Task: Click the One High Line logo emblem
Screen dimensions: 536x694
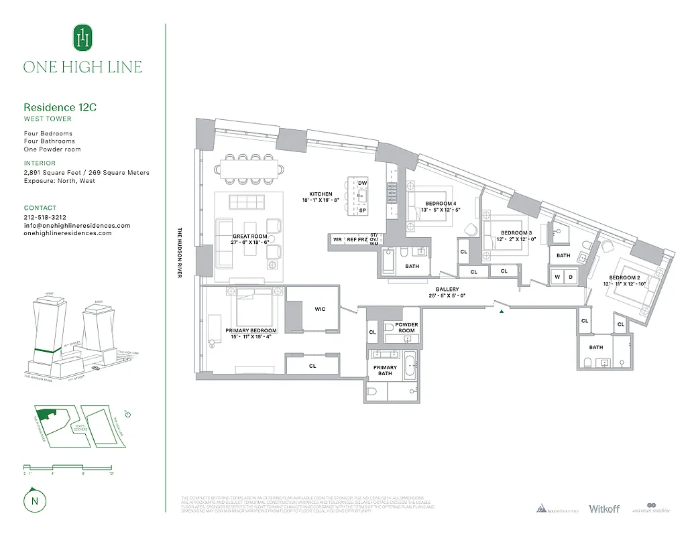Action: click(x=82, y=38)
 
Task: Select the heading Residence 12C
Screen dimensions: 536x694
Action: click(x=56, y=107)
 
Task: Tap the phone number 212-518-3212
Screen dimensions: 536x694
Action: click(x=45, y=218)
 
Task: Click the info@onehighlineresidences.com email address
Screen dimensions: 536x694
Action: click(x=77, y=226)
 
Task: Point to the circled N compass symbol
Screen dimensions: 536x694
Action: click(x=33, y=500)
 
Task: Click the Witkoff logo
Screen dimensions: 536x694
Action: click(x=603, y=509)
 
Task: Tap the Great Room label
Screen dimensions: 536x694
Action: click(x=250, y=237)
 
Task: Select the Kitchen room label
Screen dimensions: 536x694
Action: click(x=321, y=194)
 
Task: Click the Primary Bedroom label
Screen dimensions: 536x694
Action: click(x=251, y=331)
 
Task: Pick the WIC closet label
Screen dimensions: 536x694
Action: click(x=320, y=310)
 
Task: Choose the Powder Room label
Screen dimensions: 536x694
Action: click(x=406, y=328)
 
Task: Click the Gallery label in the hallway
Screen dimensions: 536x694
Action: click(x=447, y=289)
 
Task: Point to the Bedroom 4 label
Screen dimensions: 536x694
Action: click(x=441, y=204)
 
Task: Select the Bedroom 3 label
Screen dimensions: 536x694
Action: click(x=516, y=232)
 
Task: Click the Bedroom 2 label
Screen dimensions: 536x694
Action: click(x=624, y=278)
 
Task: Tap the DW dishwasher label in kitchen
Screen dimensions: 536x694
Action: click(x=362, y=183)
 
